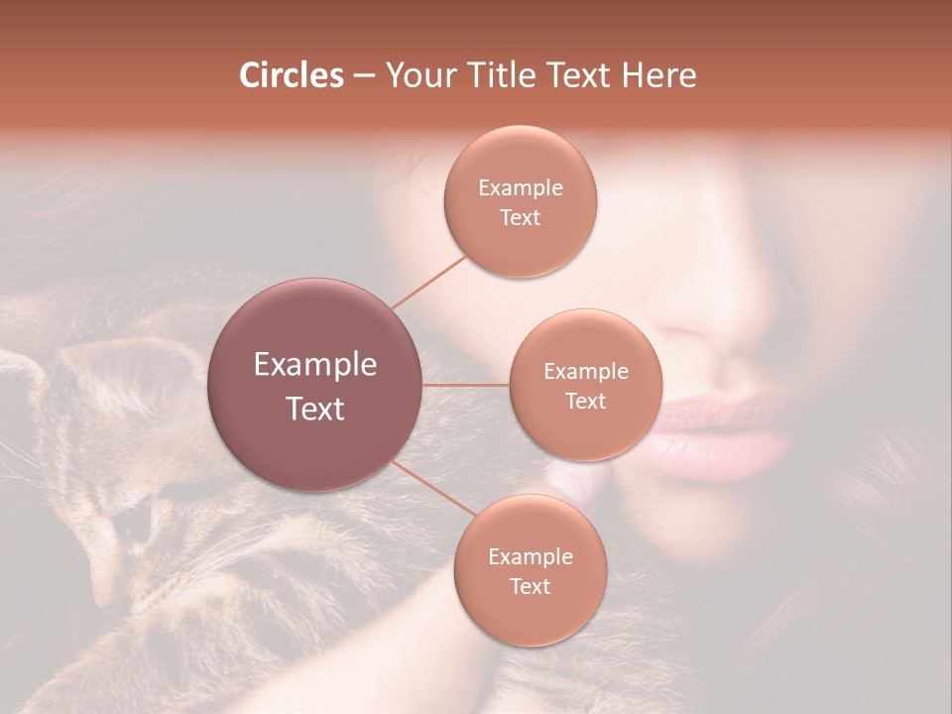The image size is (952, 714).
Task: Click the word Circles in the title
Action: (291, 75)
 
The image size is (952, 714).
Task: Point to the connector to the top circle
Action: (428, 281)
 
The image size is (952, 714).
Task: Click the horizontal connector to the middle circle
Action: (466, 385)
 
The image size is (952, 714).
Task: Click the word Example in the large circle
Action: (315, 365)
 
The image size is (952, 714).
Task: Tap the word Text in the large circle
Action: (315, 409)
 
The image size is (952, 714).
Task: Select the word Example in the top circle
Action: (520, 188)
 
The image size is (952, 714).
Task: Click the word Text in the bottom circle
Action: (530, 586)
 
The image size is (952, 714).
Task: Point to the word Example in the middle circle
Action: (585, 372)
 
